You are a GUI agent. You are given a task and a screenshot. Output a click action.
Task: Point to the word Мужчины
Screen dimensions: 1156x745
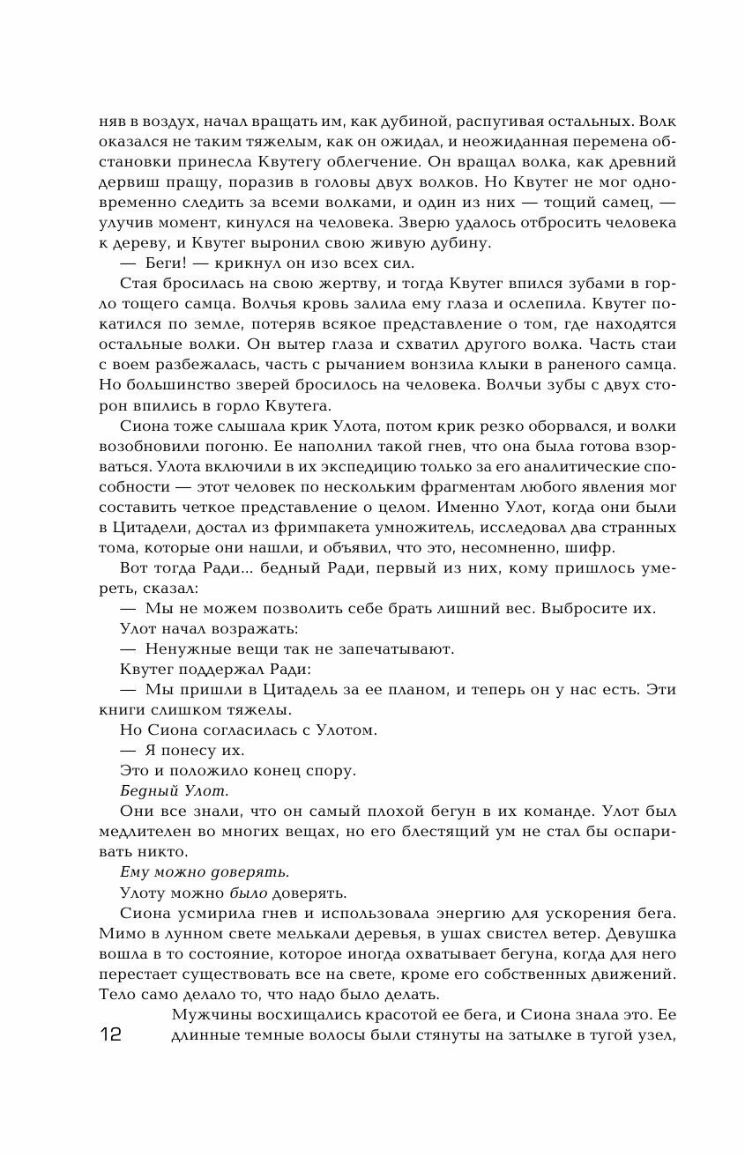click(x=212, y=1014)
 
